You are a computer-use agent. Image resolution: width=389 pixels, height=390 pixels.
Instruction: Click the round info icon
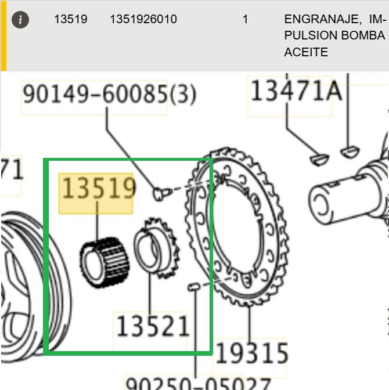point(20,20)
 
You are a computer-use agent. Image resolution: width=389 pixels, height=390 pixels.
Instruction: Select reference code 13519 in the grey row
point(71,19)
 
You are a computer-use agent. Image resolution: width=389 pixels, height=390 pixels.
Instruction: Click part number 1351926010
point(143,19)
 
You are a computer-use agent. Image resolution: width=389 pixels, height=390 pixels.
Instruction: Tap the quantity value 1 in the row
point(246,19)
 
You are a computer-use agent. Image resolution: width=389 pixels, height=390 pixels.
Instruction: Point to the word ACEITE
point(306,52)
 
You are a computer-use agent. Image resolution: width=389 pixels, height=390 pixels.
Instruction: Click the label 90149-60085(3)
point(109,94)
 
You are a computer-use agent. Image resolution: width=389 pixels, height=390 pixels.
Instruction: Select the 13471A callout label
point(296,91)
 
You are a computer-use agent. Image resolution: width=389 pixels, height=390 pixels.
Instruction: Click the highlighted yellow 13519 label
point(98,189)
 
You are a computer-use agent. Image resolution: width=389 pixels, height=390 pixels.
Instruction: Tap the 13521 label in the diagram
point(153,326)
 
